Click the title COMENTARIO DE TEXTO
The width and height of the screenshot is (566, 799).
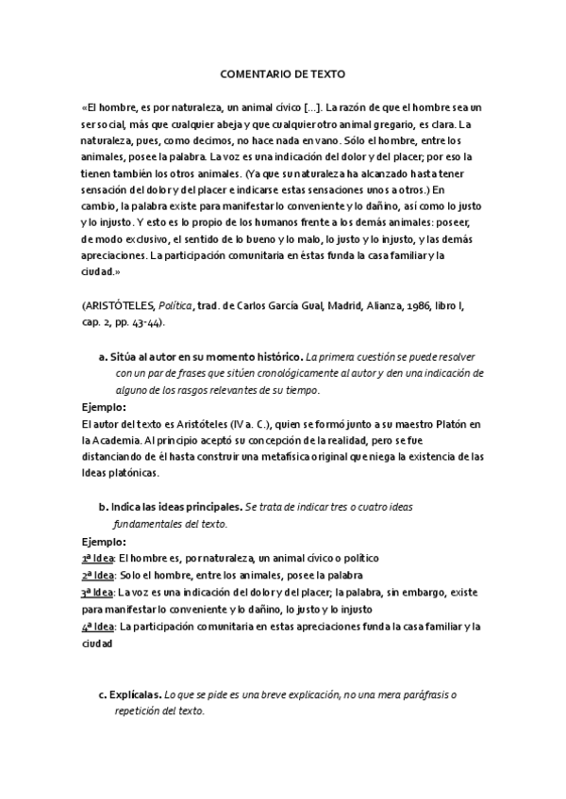282,72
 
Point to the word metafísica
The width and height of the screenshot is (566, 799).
293,456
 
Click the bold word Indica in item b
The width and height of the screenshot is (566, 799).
126,506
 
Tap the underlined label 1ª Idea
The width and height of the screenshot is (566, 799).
96,558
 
